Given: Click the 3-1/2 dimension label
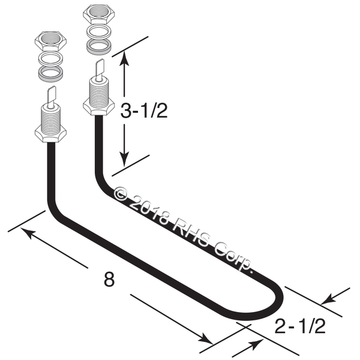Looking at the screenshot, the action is click(x=144, y=110).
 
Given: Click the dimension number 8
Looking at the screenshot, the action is click(x=109, y=279).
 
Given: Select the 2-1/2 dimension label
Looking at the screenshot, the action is click(x=300, y=326).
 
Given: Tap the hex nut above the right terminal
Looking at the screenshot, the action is click(x=99, y=15).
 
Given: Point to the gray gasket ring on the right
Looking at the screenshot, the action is click(x=99, y=47).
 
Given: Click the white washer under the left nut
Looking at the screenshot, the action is click(x=51, y=59).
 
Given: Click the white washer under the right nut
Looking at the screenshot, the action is click(x=99, y=32).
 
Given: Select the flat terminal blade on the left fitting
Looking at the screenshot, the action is click(x=52, y=96).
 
